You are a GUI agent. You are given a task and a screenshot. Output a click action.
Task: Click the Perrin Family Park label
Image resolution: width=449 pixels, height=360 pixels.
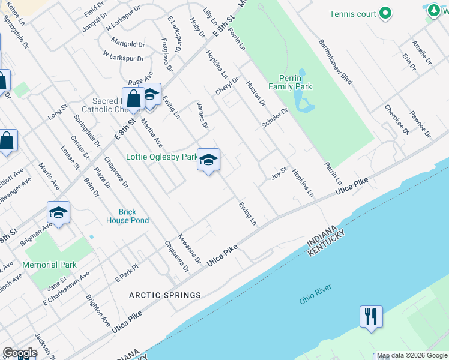pos(295,82)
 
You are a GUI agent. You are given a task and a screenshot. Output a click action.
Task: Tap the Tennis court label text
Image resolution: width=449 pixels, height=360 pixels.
pos(353,14)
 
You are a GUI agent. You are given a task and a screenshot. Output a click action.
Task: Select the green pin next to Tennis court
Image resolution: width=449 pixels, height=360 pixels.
pos(386,13)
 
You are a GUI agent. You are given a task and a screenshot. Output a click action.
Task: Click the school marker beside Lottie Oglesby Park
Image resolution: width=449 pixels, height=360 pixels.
pos(208,160)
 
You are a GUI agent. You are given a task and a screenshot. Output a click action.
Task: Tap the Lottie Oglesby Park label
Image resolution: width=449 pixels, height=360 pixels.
pos(161,157)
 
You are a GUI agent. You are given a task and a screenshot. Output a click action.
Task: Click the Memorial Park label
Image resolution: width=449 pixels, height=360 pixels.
pos(50,265)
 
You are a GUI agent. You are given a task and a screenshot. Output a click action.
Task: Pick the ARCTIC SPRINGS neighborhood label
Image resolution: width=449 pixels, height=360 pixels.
pos(165,295)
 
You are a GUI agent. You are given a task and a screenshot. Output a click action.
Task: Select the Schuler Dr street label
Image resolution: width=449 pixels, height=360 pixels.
pos(275,118)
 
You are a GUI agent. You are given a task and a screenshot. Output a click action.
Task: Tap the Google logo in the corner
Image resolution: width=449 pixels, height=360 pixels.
pos(19,353)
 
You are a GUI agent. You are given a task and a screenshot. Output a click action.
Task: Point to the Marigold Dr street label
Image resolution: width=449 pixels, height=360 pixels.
pos(128,44)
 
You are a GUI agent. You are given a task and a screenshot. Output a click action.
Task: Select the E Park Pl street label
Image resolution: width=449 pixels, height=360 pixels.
pos(127,272)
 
